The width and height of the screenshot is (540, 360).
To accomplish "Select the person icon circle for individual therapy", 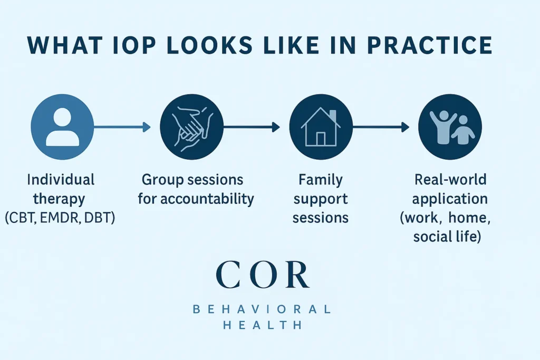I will pos(63,126).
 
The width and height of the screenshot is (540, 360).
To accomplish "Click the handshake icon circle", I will pos(191,127).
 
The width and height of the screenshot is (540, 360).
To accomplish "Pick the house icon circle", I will pos(321,127).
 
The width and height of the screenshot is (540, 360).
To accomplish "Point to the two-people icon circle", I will pos(450,127).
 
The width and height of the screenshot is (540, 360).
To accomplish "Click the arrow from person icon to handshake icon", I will pos(122,127).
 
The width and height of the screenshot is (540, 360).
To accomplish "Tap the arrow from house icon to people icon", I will pos(380,127).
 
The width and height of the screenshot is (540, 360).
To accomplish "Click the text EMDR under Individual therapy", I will pos(61,217).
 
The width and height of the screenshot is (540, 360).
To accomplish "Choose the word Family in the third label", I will pos(320,180).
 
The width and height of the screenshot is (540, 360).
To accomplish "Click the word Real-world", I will pos(450,180).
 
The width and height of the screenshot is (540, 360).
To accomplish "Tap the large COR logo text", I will pos(262,275).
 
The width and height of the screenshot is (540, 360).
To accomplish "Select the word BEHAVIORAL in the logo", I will pos(262,309).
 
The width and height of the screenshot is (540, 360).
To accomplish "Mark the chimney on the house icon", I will pos(332,115).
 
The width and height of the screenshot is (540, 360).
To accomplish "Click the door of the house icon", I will pos(321,139).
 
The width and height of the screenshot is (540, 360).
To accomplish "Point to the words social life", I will pos(446,237).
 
